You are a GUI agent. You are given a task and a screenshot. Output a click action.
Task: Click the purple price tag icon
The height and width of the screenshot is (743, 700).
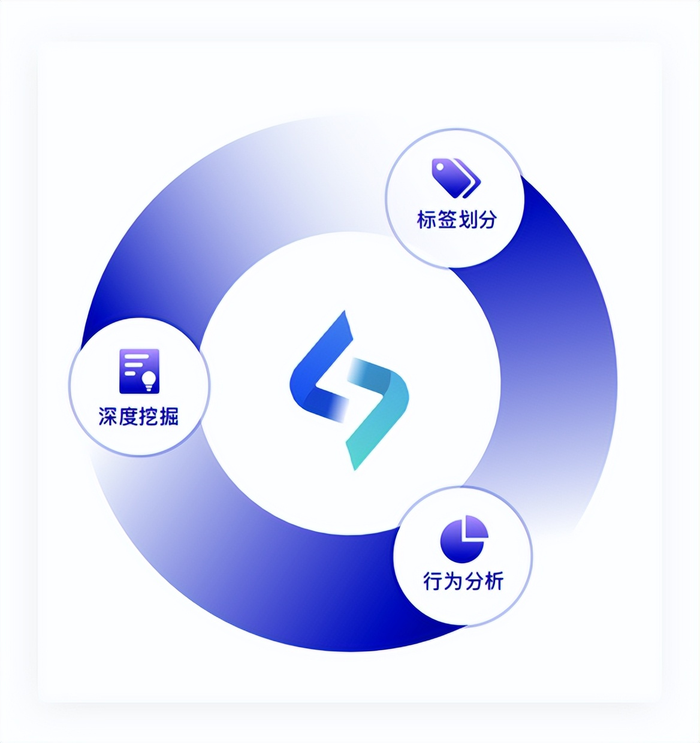456,178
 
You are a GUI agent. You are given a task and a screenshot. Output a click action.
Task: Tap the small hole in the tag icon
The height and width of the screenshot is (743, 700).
440,167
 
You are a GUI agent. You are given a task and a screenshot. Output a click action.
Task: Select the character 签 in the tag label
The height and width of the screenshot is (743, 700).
447,220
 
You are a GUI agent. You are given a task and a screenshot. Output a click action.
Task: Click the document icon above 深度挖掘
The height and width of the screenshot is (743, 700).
139,371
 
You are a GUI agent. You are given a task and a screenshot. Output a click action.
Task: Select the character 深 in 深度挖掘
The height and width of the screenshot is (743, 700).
108,416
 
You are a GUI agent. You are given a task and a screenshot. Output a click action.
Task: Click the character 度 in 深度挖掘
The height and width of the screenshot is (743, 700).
129,416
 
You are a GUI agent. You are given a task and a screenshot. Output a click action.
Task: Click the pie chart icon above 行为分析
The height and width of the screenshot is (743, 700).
464,539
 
